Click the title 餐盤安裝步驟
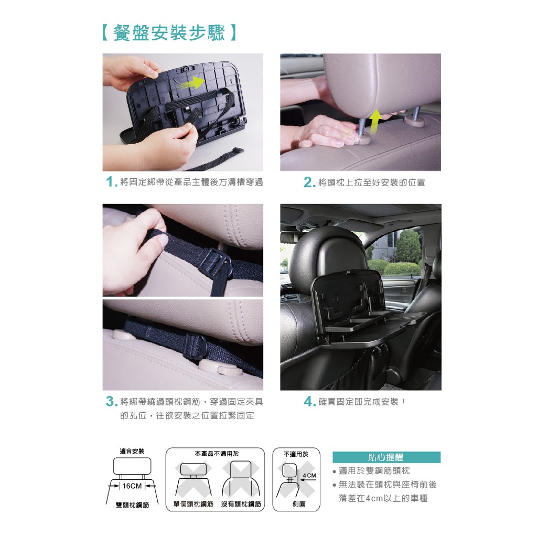(169, 33)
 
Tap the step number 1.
(110, 182)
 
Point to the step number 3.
(110, 401)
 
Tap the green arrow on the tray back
(192, 82)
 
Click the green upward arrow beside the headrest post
(375, 121)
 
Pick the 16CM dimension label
(132, 486)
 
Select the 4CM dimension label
(309, 475)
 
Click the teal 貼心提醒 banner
(386, 457)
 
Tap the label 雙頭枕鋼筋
(132, 505)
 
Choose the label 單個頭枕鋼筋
(194, 504)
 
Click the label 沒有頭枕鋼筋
(241, 504)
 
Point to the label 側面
(299, 504)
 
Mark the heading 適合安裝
(132, 451)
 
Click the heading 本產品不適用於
(217, 454)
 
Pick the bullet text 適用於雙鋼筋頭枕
(374, 470)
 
